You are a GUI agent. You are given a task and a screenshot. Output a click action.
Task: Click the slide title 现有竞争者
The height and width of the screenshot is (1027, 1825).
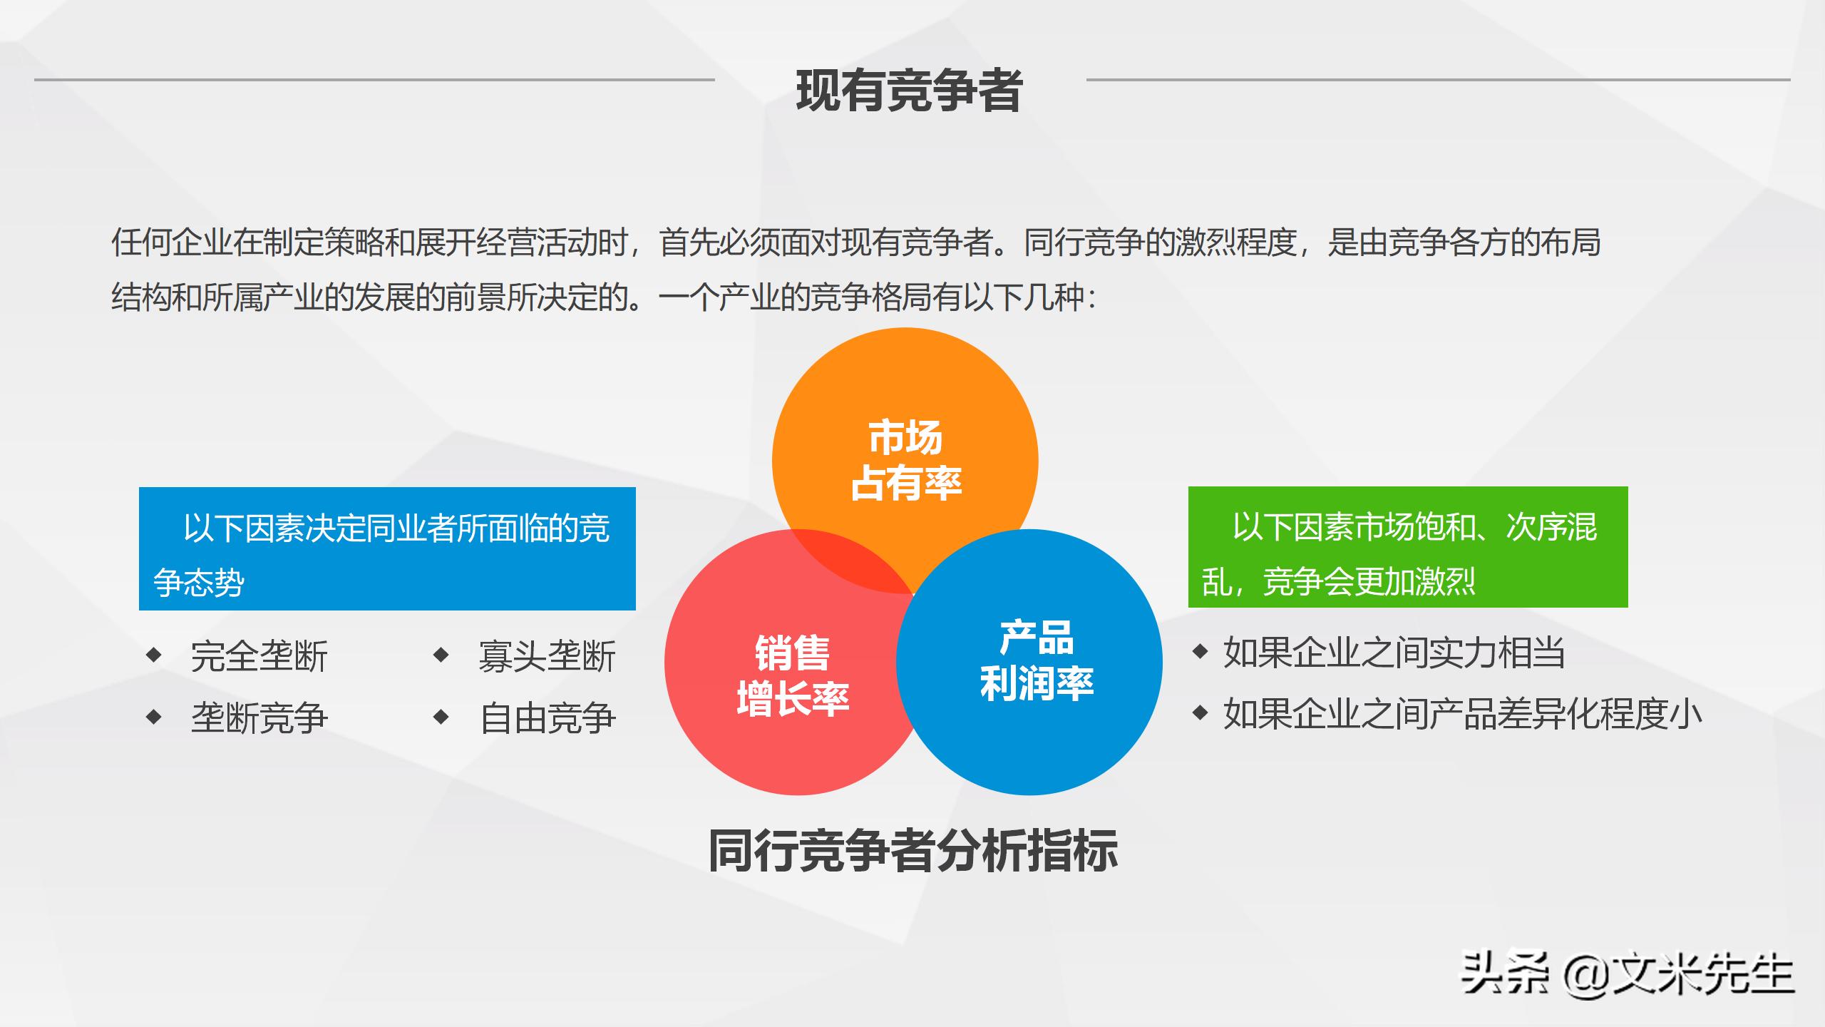[x=910, y=91]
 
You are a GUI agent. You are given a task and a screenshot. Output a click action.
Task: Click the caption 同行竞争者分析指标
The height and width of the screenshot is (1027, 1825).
[x=912, y=850]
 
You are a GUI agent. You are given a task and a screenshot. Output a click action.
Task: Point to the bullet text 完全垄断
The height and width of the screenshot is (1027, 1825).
[x=259, y=656]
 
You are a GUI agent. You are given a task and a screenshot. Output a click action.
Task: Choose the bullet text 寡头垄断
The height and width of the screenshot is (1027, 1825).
[x=547, y=656]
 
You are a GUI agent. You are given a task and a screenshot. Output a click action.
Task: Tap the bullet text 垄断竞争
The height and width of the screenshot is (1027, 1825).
[x=259, y=717]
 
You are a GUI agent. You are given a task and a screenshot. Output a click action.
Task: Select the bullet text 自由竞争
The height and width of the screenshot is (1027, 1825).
[x=547, y=717]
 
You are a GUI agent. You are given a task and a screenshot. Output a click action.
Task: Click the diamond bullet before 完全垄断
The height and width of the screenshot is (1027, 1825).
[x=153, y=654]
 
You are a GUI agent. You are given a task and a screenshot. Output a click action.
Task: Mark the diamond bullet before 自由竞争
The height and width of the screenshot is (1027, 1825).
[x=441, y=716]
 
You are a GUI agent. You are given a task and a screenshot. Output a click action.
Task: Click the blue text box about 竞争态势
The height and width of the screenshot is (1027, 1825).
[x=387, y=548]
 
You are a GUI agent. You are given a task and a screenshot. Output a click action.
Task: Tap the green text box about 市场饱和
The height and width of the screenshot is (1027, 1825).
[x=1408, y=547]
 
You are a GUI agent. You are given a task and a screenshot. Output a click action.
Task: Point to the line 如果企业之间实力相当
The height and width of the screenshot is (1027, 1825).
[x=1394, y=653]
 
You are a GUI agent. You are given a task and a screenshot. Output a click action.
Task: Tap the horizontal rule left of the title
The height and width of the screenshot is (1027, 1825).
[x=374, y=80]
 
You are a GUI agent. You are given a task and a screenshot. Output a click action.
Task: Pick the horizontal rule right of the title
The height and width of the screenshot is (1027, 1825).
[x=1438, y=80]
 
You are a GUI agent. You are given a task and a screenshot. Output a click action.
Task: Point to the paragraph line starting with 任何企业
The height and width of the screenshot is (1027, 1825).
[x=855, y=242]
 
